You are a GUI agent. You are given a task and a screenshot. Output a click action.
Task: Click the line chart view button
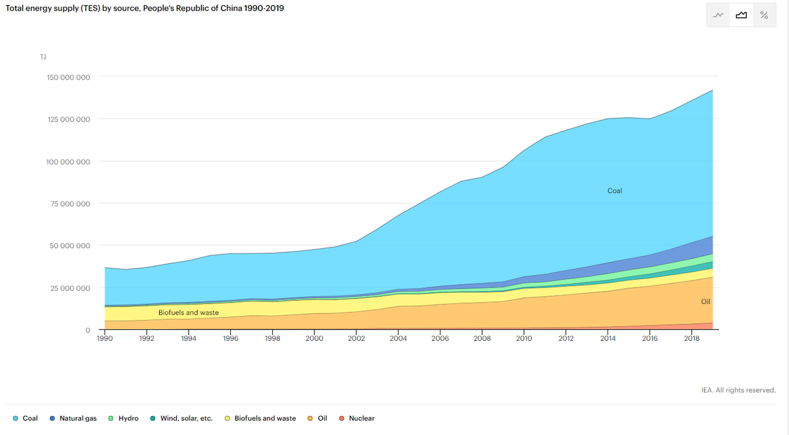coord(718,15)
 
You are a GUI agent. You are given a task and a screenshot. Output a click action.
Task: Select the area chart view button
coord(742,15)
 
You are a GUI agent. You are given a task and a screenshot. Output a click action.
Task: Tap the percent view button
coord(764,15)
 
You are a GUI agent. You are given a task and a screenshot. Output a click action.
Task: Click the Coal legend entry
coord(26,419)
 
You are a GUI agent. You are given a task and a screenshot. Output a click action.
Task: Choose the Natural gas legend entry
coord(73,419)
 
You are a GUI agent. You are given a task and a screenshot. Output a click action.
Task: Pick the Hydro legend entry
coord(124,419)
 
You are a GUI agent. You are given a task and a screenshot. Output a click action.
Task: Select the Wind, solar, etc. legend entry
coord(181,419)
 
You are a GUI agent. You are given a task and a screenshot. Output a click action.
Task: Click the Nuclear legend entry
coord(357,419)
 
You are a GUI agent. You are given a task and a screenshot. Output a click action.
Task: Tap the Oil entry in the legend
coord(318,419)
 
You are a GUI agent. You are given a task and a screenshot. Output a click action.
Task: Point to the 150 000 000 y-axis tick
coord(68,77)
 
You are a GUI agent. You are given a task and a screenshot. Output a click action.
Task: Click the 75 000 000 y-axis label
coord(70,204)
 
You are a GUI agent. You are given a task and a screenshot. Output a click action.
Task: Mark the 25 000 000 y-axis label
coord(70,288)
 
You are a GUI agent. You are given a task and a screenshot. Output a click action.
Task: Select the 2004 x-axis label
coord(398,338)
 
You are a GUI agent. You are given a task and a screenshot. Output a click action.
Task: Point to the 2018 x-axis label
coord(692,338)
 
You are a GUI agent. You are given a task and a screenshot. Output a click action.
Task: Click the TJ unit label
coord(43,57)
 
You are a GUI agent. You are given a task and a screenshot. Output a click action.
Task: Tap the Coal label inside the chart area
coord(615,191)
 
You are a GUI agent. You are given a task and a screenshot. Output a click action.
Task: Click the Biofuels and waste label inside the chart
coord(189,313)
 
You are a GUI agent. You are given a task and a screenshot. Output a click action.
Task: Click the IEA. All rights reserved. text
coord(738,390)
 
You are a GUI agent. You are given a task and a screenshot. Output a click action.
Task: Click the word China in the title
coord(231,8)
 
